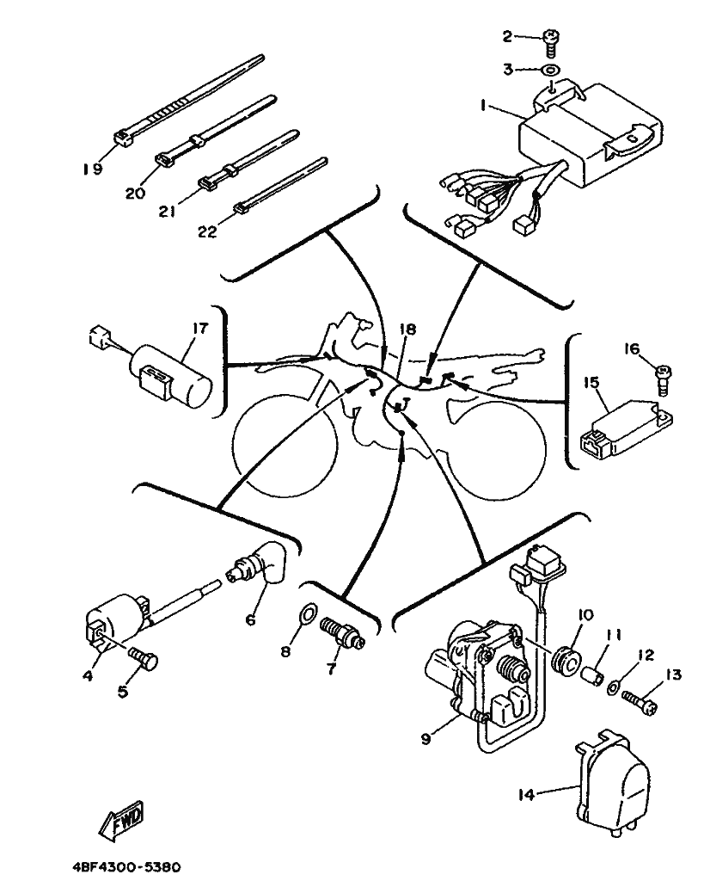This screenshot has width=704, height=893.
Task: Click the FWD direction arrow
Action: pos(120,822)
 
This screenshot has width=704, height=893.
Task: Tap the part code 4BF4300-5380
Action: pos(127,867)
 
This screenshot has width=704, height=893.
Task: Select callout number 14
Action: pos(527,793)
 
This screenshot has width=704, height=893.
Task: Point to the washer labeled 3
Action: pos(550,70)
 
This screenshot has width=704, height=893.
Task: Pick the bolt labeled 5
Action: pos(144,661)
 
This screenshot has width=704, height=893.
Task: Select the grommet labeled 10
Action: pos(566,662)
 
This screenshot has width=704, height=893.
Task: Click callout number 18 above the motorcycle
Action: pos(407,329)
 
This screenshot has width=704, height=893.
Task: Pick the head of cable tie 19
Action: pos(123,139)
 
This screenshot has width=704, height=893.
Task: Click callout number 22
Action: pos(207,231)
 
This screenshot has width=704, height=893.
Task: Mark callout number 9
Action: pos(426,739)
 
